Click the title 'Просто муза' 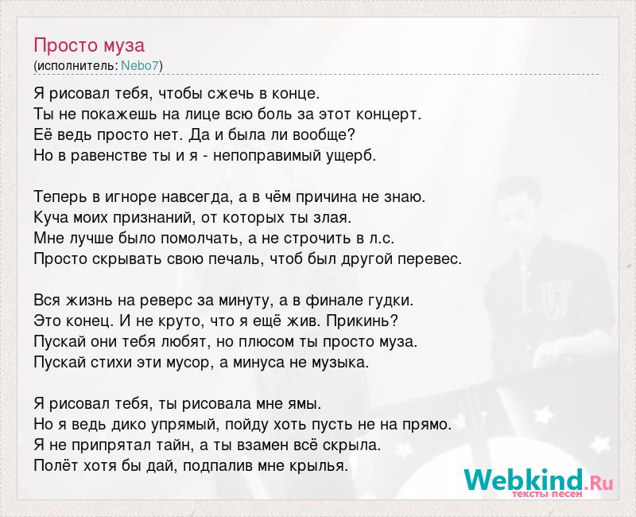(89, 45)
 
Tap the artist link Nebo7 (140, 65)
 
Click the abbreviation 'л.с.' (382, 239)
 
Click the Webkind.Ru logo (538, 482)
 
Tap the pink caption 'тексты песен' (547, 494)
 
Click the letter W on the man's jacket (556, 297)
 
